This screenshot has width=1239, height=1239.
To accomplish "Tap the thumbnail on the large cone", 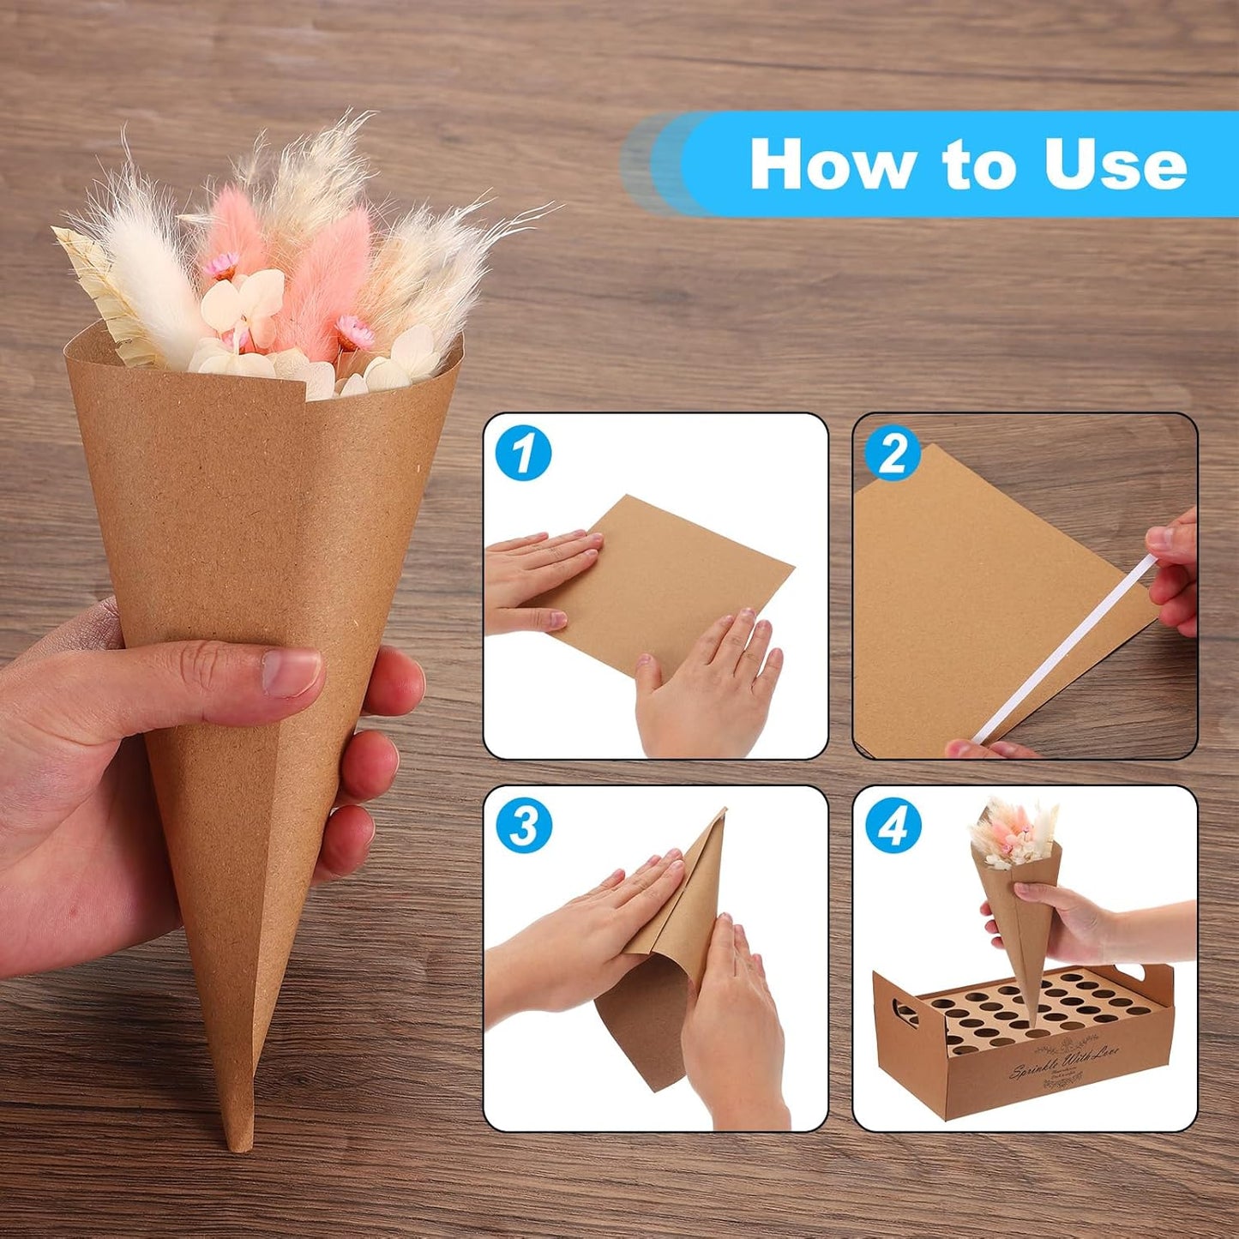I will click(x=292, y=671).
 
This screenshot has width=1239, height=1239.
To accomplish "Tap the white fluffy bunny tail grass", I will click(x=150, y=274).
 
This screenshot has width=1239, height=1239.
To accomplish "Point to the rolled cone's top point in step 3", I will click(x=723, y=812).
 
